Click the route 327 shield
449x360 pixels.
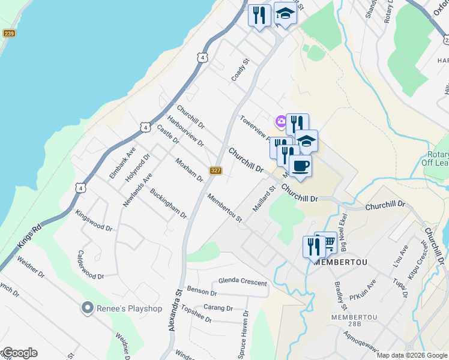pyautogui.click(x=217, y=171)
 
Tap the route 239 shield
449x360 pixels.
pyautogui.click(x=8, y=34)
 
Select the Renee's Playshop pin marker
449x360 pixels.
pyautogui.click(x=88, y=308)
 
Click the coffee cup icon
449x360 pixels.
pyautogui.click(x=300, y=166)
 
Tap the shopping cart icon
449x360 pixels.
pyautogui.click(x=327, y=242)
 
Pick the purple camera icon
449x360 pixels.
pyautogui.click(x=280, y=122)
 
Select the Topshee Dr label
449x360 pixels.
pyautogui.click(x=196, y=315)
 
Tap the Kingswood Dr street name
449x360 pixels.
pyautogui.click(x=94, y=220)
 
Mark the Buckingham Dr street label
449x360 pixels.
pyautogui.click(x=168, y=204)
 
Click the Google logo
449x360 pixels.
pyautogui.click(x=19, y=353)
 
